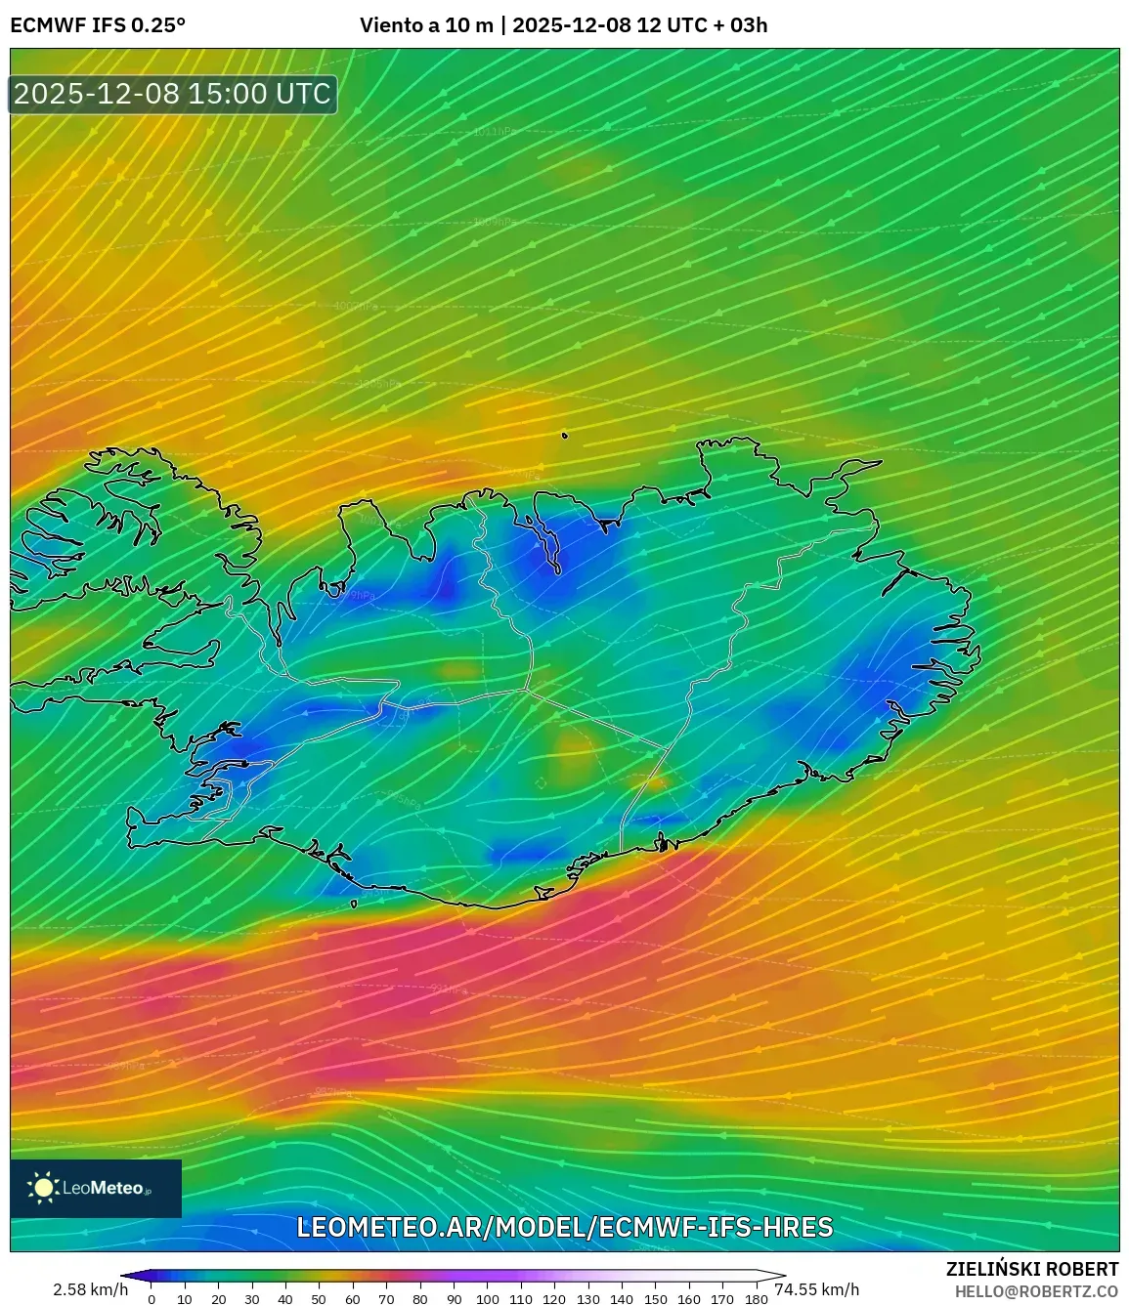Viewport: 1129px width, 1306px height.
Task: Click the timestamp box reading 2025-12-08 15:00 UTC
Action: click(x=173, y=94)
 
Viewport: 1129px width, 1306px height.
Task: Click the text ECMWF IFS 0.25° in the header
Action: click(x=98, y=25)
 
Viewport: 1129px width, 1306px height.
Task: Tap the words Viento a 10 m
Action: click(x=426, y=25)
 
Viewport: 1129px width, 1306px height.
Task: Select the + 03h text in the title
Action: click(x=741, y=25)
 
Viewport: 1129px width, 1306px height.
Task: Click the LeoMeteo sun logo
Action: click(x=44, y=1188)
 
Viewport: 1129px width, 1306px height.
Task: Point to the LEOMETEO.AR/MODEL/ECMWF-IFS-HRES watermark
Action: click(x=564, y=1227)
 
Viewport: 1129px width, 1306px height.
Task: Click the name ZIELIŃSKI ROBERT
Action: click(x=1031, y=1269)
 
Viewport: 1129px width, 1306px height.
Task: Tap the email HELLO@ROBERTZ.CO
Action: click(x=1036, y=1291)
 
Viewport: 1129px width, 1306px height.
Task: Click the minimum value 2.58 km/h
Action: click(x=90, y=1289)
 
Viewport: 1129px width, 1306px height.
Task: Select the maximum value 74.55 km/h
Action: click(x=817, y=1289)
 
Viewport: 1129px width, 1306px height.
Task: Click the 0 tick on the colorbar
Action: click(x=151, y=1299)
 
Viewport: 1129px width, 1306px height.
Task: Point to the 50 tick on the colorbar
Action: click(x=319, y=1299)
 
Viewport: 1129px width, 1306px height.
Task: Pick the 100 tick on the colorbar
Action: click(x=487, y=1299)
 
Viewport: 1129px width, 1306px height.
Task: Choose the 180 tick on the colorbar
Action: click(x=756, y=1299)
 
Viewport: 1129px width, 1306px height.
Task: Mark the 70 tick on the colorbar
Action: click(x=386, y=1299)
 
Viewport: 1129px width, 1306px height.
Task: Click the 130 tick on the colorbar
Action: click(x=587, y=1299)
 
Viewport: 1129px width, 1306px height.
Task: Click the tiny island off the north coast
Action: click(x=565, y=437)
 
